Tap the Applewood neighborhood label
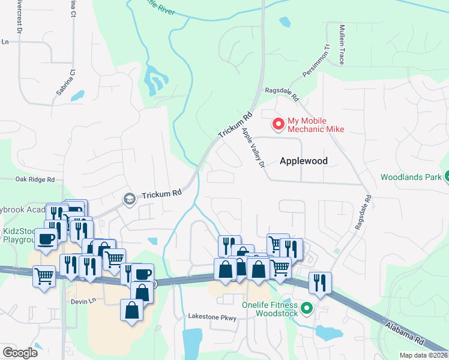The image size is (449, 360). tap(303, 161)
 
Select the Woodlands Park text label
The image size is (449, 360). tap(411, 178)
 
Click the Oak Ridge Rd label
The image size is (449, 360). tap(35, 179)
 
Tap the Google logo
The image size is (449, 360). tap(20, 353)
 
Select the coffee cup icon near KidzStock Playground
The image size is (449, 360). tap(46, 238)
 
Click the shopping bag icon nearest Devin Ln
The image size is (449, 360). tap(131, 310)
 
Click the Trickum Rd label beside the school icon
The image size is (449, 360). tap(161, 194)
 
